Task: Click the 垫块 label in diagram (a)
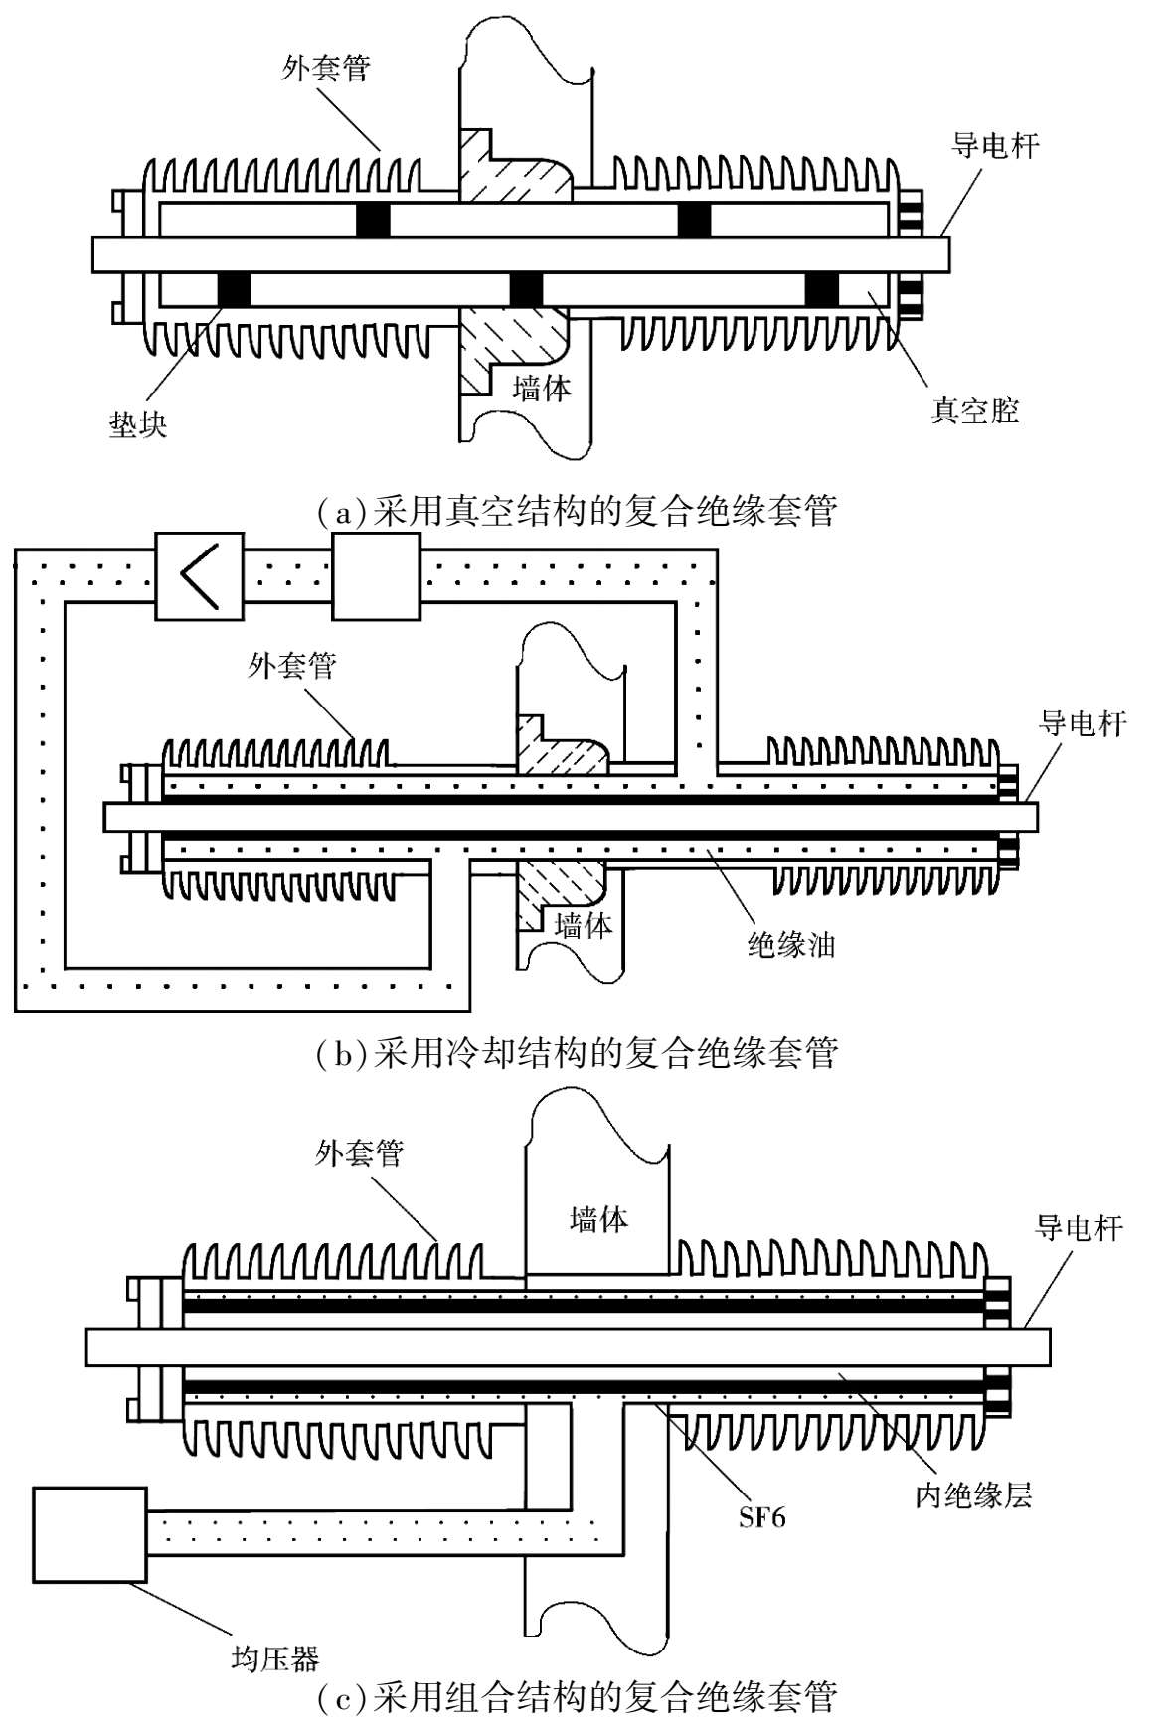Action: click(138, 425)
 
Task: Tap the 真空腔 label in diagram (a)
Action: click(974, 410)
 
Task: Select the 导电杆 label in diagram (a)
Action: click(995, 146)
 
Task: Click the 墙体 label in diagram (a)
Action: click(542, 388)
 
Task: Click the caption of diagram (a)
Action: click(578, 511)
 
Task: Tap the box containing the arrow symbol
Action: click(199, 576)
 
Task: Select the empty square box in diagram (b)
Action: click(376, 576)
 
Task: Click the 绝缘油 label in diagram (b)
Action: click(790, 944)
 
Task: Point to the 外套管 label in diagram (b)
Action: click(292, 665)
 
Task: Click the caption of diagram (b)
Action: click(578, 1052)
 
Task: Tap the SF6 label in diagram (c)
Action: click(761, 1517)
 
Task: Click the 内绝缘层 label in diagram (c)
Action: click(973, 1494)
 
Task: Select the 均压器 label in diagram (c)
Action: click(275, 1658)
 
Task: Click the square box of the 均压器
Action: click(89, 1534)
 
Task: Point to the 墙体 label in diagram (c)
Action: click(598, 1219)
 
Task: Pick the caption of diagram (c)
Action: click(578, 1697)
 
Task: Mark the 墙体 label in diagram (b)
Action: click(583, 926)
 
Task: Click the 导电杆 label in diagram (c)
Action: click(1079, 1228)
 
